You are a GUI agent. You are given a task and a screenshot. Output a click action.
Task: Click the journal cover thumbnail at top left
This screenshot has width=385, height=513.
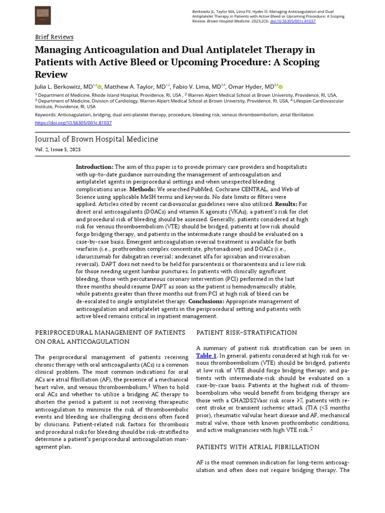pos(43,15)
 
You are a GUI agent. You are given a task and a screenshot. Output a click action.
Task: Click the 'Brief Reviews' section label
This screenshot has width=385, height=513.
pos(54,37)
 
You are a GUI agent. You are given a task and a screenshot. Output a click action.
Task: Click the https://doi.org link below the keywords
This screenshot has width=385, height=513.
pos(73,123)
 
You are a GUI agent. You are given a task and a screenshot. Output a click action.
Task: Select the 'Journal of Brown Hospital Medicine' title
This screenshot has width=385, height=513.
pos(96,139)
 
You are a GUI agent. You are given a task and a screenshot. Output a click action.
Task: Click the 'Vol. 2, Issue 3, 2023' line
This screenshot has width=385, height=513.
pos(57,150)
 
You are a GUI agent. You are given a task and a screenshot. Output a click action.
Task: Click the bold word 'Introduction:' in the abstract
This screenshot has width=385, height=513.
pos(95,167)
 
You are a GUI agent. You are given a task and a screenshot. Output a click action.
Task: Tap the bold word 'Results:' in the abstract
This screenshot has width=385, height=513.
pos(286,204)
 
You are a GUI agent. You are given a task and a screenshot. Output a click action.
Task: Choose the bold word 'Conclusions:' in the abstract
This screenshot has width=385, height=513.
pos(206,302)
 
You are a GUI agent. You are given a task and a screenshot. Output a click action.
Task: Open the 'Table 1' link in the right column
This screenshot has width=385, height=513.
pos(206,356)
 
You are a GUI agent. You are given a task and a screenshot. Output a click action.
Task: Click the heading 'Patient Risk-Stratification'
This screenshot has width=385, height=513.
pos(247,333)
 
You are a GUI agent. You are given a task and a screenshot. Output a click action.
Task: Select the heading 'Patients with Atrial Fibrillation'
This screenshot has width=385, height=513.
pos(258,447)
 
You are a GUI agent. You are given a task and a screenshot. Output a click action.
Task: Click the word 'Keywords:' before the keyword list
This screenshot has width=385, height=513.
pos(46,115)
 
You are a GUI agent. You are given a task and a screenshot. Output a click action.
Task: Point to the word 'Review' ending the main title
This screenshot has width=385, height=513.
pos(51,75)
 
